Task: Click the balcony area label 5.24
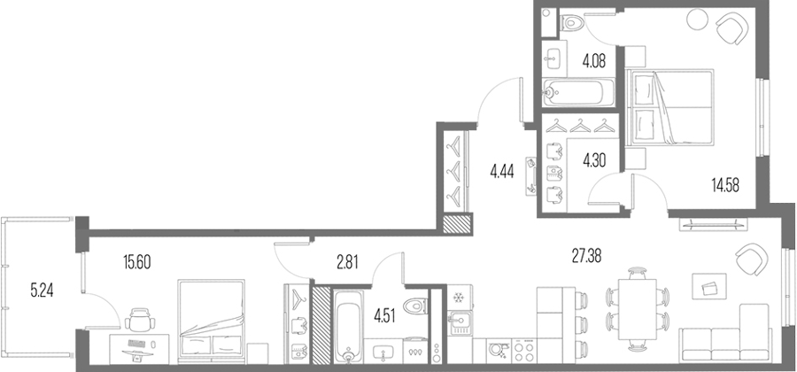click(x=43, y=291)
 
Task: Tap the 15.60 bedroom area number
click(x=137, y=263)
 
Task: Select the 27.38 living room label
click(x=586, y=256)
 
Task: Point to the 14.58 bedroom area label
click(x=724, y=185)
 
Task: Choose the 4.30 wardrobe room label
click(x=594, y=160)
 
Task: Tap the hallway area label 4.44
click(x=502, y=172)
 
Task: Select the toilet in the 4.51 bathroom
click(x=415, y=306)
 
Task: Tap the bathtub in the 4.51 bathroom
click(x=348, y=326)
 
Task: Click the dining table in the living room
click(x=638, y=309)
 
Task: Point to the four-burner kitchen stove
click(x=523, y=351)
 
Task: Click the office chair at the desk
click(x=139, y=320)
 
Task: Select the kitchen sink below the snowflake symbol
click(x=460, y=322)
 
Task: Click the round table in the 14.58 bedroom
click(x=696, y=19)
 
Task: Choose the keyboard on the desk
click(x=136, y=344)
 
